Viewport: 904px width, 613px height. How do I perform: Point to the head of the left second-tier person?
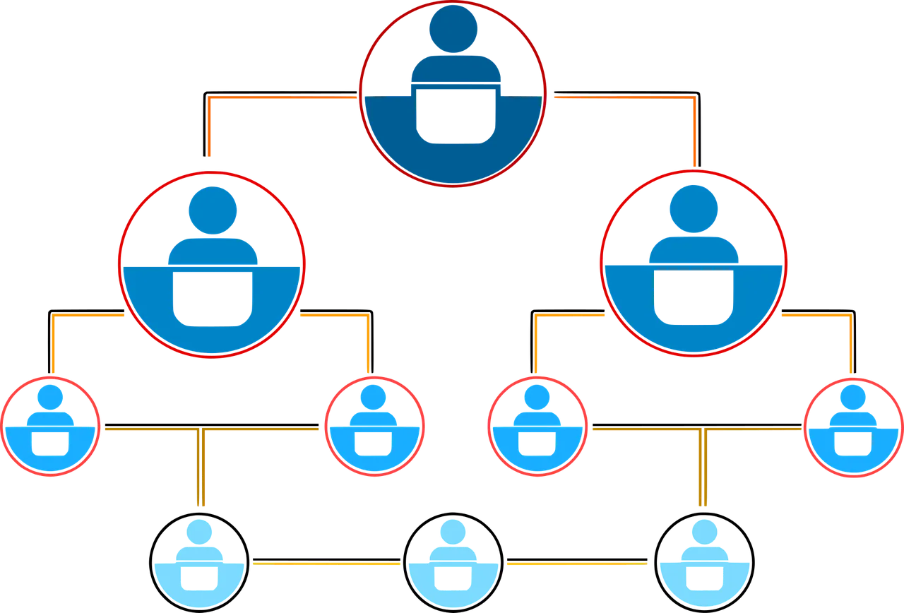coord(212,210)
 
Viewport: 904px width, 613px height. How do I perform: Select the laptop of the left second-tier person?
coord(212,297)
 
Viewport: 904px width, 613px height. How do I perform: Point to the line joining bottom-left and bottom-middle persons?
coord(325,564)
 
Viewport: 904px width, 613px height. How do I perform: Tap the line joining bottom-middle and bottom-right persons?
coord(578,564)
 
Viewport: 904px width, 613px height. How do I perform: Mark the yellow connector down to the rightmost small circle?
coord(850,346)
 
